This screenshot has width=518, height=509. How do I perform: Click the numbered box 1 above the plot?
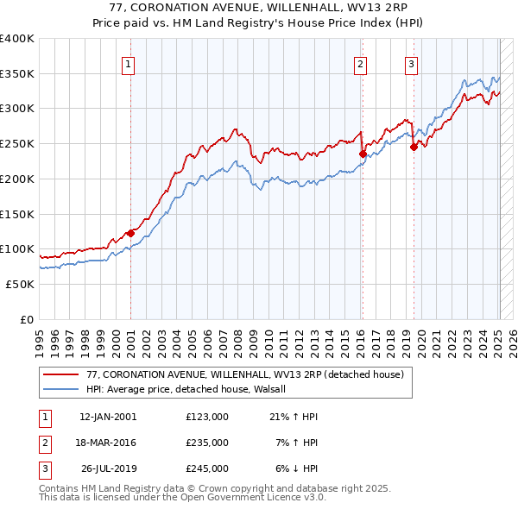[128, 63]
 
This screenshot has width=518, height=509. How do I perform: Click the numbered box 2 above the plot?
[359, 63]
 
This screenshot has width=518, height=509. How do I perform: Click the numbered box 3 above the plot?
[411, 63]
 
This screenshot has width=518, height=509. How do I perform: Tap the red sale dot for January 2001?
[130, 232]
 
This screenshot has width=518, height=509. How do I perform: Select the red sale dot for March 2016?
[363, 154]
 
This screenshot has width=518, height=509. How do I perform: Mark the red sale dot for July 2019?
[414, 147]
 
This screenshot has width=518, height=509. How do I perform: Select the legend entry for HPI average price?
[192, 389]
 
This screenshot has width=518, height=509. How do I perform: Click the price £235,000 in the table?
[207, 443]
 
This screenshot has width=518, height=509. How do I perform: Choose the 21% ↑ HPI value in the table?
[294, 417]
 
